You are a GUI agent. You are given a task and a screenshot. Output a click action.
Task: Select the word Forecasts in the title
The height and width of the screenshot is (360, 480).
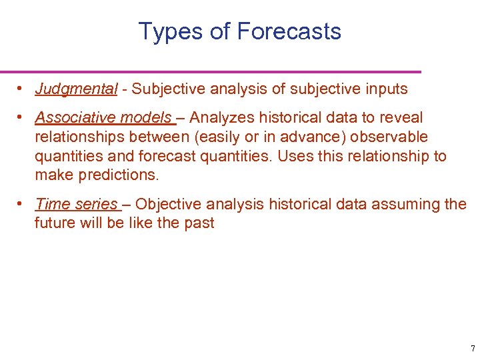289,32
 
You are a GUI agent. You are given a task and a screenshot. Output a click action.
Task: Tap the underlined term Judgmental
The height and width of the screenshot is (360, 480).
76,89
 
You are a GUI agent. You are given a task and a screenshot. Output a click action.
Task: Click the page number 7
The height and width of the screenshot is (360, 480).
473,348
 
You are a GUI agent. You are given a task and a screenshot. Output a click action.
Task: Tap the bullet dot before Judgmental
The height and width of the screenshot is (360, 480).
21,89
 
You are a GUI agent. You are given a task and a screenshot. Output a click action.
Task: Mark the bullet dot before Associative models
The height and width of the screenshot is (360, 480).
21,117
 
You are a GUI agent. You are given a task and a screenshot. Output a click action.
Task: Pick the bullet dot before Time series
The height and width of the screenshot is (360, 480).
21,203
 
